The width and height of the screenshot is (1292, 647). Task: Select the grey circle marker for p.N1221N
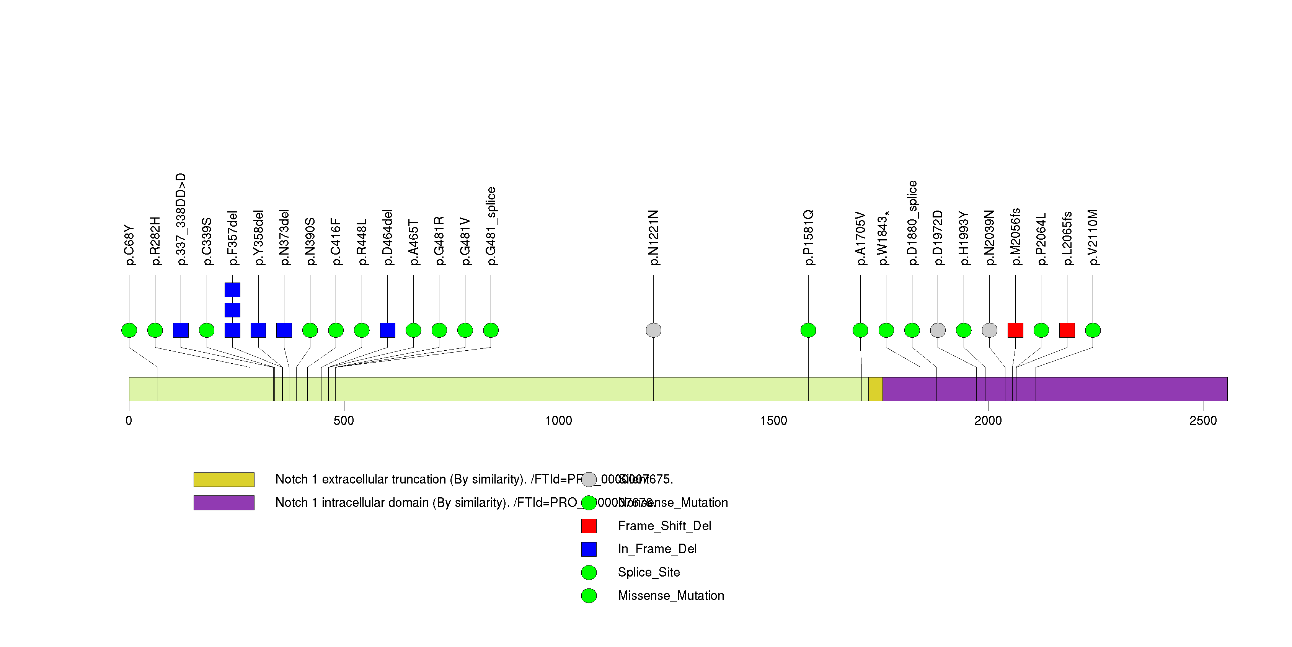(x=653, y=330)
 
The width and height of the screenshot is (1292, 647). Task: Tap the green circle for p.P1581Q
(x=808, y=330)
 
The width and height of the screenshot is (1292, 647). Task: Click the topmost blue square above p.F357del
(x=232, y=290)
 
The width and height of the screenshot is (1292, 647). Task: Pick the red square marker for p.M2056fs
(x=1015, y=330)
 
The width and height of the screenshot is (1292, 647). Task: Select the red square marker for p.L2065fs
(x=1067, y=330)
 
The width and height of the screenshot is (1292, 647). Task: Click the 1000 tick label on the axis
(x=558, y=421)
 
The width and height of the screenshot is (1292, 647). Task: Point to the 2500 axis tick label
(x=1203, y=421)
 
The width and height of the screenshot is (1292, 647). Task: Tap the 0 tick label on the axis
(x=129, y=421)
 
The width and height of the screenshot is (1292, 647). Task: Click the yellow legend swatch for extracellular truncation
(x=224, y=479)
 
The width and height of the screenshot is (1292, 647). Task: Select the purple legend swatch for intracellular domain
(x=224, y=503)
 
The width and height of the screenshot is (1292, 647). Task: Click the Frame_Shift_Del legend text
(x=664, y=526)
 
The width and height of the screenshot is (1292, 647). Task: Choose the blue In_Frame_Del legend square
(x=589, y=549)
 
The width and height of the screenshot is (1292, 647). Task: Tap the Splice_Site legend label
(x=649, y=572)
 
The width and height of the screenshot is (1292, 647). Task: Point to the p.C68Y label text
(x=129, y=245)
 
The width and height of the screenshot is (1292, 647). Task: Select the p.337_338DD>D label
(x=181, y=219)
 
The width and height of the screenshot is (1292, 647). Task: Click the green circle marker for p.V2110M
(x=1092, y=330)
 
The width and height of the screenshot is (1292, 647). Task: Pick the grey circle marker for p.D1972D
(x=937, y=330)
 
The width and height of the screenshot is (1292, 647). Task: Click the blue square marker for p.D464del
(x=387, y=330)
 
